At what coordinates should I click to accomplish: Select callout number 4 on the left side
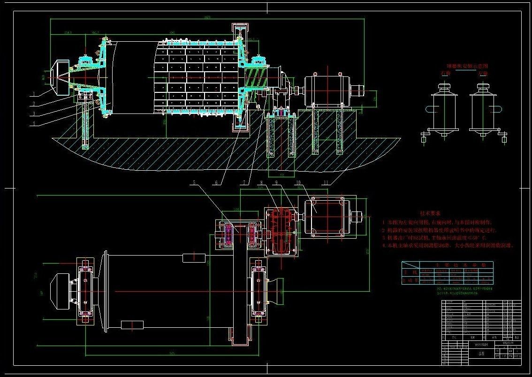point(34,123)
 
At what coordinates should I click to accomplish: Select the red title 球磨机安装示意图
point(467,67)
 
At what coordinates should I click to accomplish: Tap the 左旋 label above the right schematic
point(482,74)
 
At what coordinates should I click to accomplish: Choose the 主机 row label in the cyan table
point(409,271)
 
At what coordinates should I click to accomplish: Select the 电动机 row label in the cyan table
point(409,280)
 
